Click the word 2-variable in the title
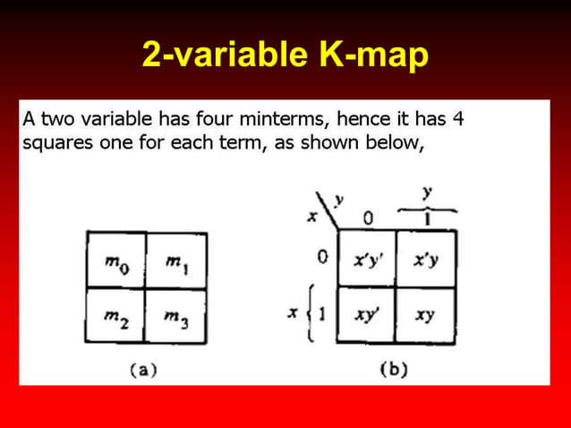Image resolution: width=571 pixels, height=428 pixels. pyautogui.click(x=216, y=56)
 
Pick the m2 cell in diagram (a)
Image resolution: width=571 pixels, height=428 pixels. pyautogui.click(x=115, y=316)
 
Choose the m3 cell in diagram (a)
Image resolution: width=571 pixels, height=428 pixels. pyautogui.click(x=176, y=316)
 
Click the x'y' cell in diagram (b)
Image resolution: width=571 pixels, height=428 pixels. pyautogui.click(x=367, y=261)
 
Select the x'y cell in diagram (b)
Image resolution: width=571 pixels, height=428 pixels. pyautogui.click(x=425, y=261)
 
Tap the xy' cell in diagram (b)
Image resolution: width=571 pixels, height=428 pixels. pyautogui.click(x=367, y=315)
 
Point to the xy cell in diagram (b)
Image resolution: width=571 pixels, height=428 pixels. pyautogui.click(x=425, y=315)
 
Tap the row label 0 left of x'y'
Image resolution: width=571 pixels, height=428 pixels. pyautogui.click(x=323, y=259)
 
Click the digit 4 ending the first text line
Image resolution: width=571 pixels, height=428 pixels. pyautogui.click(x=457, y=118)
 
